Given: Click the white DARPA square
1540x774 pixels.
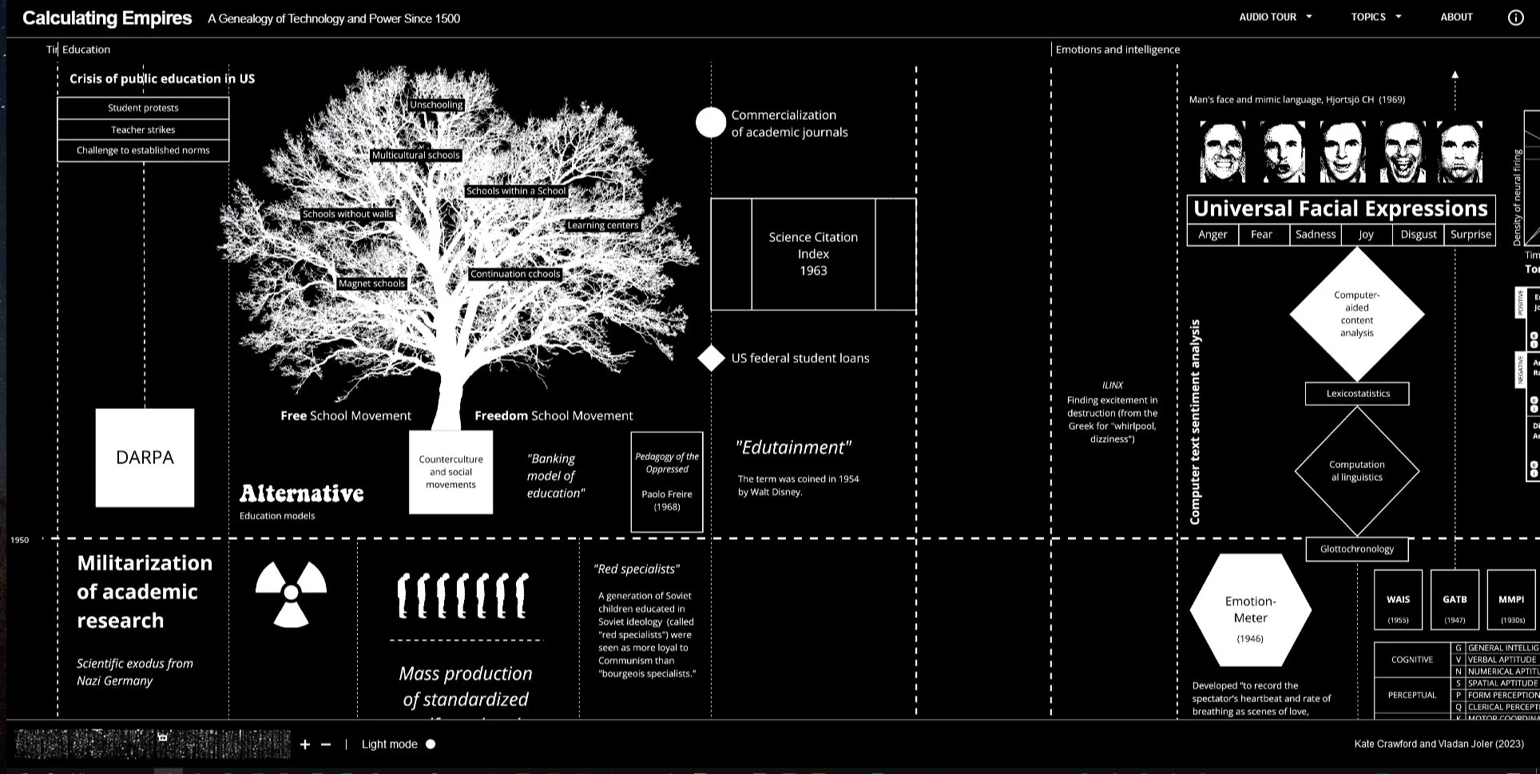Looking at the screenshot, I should click(x=145, y=458).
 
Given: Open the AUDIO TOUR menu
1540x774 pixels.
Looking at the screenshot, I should click(x=1275, y=17).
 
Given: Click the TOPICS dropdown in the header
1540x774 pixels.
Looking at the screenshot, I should click(x=1375, y=17).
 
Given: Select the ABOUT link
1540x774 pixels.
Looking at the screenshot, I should click(x=1456, y=17).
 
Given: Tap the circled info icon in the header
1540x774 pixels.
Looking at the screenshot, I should click(x=1515, y=18).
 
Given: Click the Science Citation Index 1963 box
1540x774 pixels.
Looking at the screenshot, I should click(x=813, y=254).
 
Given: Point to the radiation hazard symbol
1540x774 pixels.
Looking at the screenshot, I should click(x=291, y=593).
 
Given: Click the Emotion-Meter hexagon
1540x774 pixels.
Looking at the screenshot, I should click(x=1250, y=610).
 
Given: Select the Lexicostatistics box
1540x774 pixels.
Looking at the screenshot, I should click(x=1357, y=394).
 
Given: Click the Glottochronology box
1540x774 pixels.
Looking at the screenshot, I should click(x=1356, y=549).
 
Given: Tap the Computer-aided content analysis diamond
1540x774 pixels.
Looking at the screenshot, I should click(x=1356, y=314).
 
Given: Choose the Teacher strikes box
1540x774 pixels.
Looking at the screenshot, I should click(x=143, y=129).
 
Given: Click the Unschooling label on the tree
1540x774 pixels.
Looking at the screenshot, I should click(x=436, y=105).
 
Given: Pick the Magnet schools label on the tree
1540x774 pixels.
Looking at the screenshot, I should click(x=371, y=284).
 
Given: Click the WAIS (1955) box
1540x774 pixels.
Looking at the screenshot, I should click(x=1398, y=600).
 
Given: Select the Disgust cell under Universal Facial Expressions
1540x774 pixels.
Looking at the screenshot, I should click(x=1418, y=234).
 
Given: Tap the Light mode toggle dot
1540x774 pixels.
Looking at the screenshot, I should click(x=431, y=744).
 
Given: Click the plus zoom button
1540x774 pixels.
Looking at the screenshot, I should click(x=304, y=744).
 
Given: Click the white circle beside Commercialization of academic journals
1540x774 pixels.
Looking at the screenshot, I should click(x=710, y=123).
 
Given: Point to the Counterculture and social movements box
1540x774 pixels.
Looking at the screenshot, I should click(x=450, y=472).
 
